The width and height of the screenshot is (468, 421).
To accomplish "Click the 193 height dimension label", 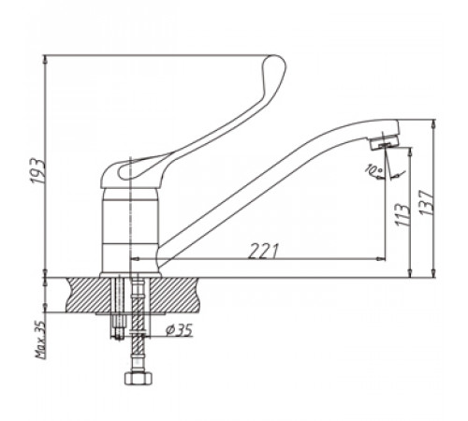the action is (x=38, y=171).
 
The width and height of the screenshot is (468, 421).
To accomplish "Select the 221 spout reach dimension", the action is (x=263, y=251).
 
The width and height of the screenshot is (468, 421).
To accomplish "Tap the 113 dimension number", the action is (x=402, y=215).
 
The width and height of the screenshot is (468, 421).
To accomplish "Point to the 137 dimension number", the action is (x=427, y=203).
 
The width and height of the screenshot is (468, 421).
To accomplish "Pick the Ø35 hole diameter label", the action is (x=179, y=329).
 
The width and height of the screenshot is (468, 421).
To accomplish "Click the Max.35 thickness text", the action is (x=40, y=340).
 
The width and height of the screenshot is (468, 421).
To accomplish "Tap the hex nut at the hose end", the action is (x=139, y=378).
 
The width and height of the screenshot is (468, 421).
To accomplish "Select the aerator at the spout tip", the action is (x=385, y=141).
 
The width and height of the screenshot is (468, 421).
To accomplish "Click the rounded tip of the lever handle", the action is (x=276, y=63).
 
